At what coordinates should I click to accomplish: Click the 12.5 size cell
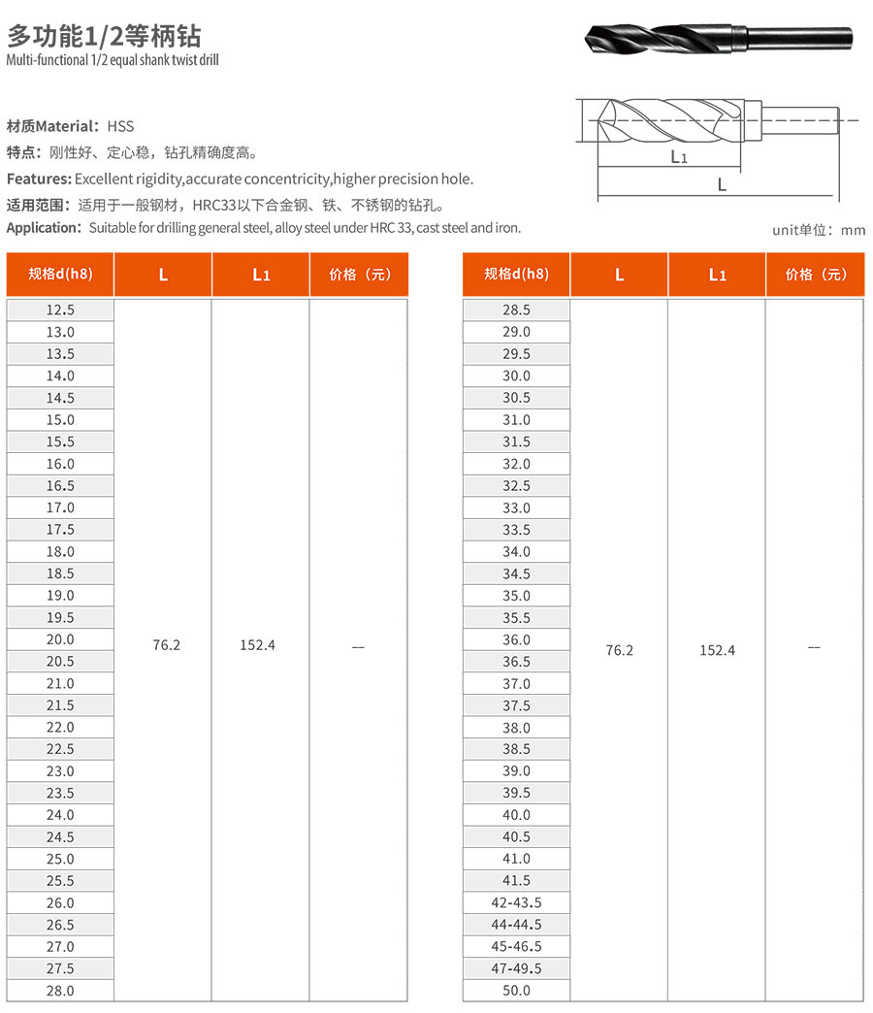pyautogui.click(x=60, y=310)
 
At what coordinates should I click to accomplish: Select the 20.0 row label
pyautogui.click(x=60, y=639)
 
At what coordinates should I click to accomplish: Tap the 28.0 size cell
pyautogui.click(x=60, y=991)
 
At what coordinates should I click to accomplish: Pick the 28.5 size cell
pyautogui.click(x=516, y=310)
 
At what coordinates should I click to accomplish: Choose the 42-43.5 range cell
pyautogui.click(x=516, y=902)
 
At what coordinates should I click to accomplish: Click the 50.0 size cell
pyautogui.click(x=516, y=991)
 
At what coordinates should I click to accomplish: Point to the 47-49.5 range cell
pyautogui.click(x=516, y=968)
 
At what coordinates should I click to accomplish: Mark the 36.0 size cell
pyautogui.click(x=516, y=639)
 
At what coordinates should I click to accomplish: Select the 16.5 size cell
pyautogui.click(x=60, y=486)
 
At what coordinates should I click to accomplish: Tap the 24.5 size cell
pyautogui.click(x=60, y=836)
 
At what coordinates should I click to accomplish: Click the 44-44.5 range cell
pyautogui.click(x=516, y=925)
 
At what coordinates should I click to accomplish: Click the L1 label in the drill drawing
pyautogui.click(x=679, y=156)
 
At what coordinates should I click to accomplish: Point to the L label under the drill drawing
pyautogui.click(x=722, y=184)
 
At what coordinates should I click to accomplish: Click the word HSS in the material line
pyautogui.click(x=121, y=126)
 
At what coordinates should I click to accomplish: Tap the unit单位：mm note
pyautogui.click(x=818, y=230)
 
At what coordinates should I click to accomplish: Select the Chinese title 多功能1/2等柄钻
pyautogui.click(x=104, y=37)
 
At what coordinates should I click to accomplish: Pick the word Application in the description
pyautogui.click(x=44, y=228)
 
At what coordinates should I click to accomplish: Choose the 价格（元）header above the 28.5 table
pyautogui.click(x=814, y=275)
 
